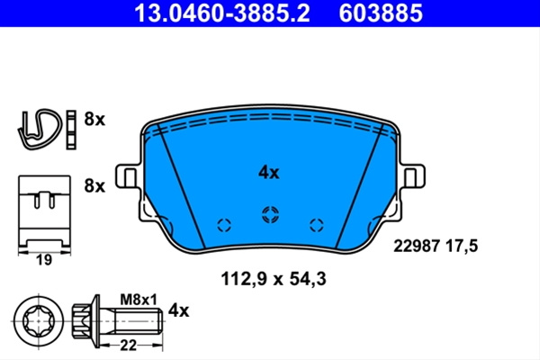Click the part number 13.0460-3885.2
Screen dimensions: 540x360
click(x=222, y=13)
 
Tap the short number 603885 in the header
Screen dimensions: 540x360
click(x=381, y=13)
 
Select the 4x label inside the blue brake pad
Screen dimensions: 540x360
click(x=269, y=173)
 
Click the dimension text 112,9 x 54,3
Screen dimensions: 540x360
click(x=273, y=279)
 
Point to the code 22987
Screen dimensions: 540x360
click(x=417, y=247)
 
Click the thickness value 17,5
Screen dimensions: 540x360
click(x=463, y=247)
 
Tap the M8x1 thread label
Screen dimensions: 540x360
click(x=139, y=300)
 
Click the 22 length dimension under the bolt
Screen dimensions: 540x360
click(x=128, y=345)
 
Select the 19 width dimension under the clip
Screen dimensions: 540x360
click(x=44, y=260)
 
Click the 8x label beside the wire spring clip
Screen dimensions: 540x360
click(x=94, y=120)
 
